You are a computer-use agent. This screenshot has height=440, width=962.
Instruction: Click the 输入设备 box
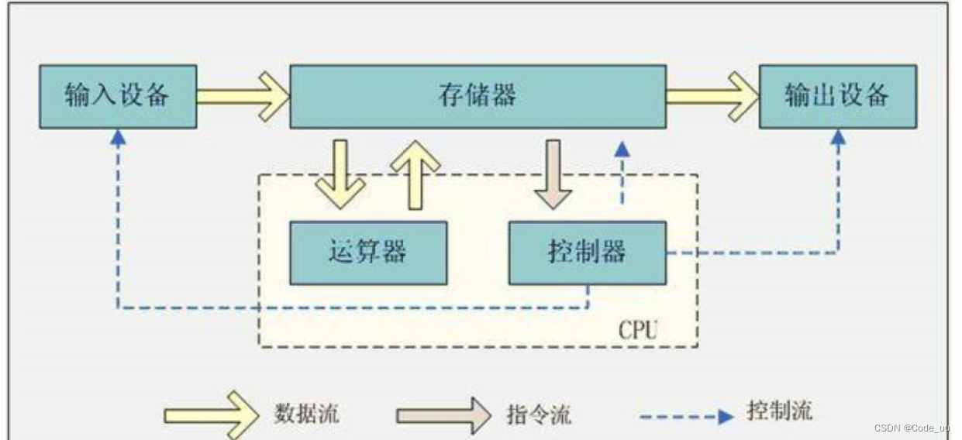click(118, 96)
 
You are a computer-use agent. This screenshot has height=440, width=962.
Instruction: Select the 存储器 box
click(478, 96)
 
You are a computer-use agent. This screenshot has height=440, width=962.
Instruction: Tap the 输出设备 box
click(837, 96)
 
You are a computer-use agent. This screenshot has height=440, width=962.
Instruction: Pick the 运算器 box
click(368, 253)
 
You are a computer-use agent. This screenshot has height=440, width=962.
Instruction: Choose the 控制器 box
click(587, 253)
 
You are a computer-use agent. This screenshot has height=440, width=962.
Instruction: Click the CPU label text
click(637, 331)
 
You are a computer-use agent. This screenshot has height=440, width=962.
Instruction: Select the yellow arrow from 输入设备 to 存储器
click(242, 96)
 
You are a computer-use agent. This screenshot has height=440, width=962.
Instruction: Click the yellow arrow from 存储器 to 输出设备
click(712, 96)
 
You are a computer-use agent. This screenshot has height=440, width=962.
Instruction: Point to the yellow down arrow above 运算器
click(340, 175)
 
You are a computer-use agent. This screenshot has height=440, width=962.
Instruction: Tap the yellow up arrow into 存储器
click(415, 174)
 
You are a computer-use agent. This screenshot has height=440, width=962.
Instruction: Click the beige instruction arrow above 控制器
click(553, 175)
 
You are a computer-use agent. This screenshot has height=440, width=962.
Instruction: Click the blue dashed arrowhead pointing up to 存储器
click(621, 150)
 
